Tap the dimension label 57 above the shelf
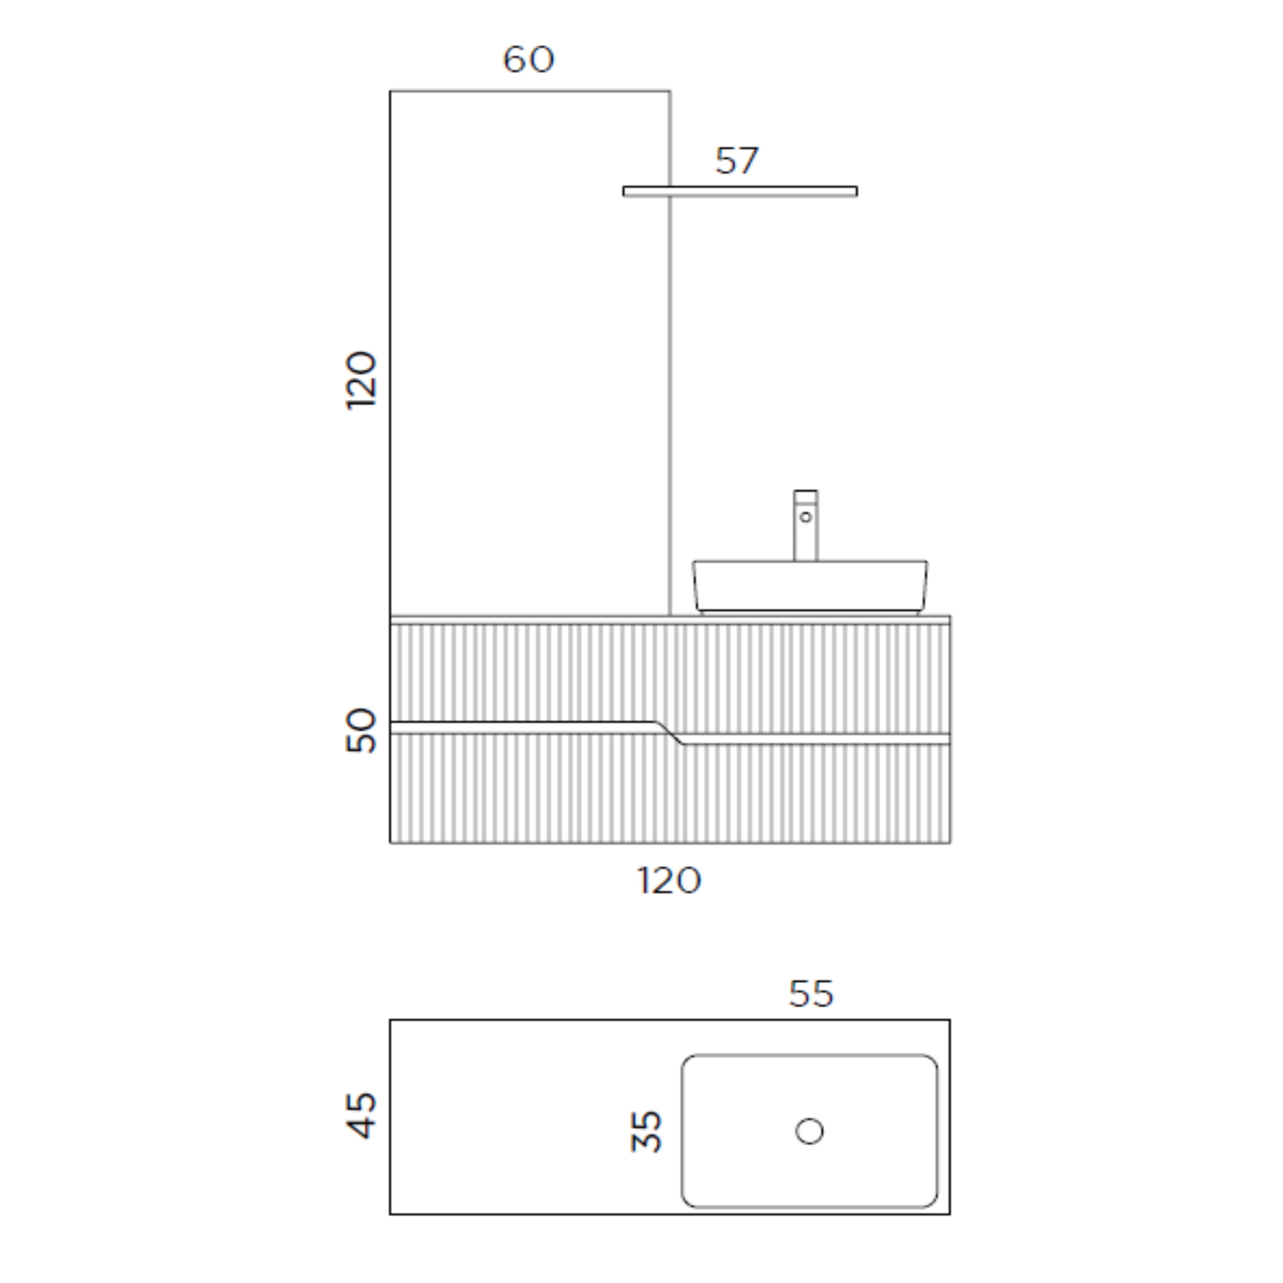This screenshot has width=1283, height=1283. (x=736, y=161)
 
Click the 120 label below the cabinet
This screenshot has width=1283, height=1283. (x=669, y=880)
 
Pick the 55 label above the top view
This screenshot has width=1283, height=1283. (x=811, y=994)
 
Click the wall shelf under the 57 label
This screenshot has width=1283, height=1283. (x=740, y=191)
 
